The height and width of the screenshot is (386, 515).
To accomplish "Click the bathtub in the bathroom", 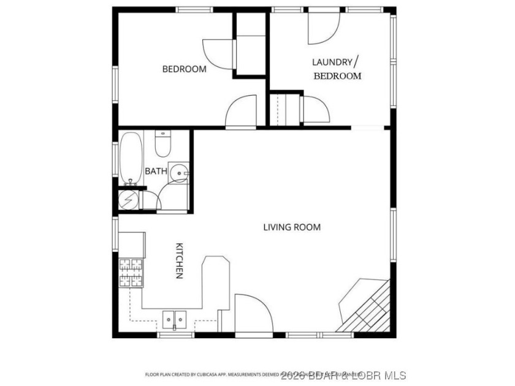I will pyautogui.click(x=131, y=157).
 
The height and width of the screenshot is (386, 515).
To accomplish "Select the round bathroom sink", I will pyautogui.click(x=178, y=174).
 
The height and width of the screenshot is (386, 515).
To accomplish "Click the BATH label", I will pyautogui.click(x=155, y=172).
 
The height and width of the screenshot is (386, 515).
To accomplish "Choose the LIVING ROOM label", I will pyautogui.click(x=292, y=227).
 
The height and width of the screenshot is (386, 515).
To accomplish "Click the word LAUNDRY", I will pyautogui.click(x=332, y=62).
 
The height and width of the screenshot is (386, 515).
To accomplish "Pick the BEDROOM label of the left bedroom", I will pyautogui.click(x=184, y=69).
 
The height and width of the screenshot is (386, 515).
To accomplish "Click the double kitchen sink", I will pyautogui.click(x=175, y=319).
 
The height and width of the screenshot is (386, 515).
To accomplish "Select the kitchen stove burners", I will pyautogui.click(x=131, y=273).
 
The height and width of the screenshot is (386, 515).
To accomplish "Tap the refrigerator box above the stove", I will pyautogui.click(x=132, y=245).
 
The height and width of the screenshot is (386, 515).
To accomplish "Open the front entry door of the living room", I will pyautogui.click(x=253, y=315).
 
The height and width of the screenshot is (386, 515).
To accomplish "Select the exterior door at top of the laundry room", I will pyautogui.click(x=323, y=28).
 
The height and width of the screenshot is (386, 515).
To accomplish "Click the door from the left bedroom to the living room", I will pyautogui.click(x=242, y=112).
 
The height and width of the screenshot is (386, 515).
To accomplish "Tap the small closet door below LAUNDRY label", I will pyautogui.click(x=316, y=110).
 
